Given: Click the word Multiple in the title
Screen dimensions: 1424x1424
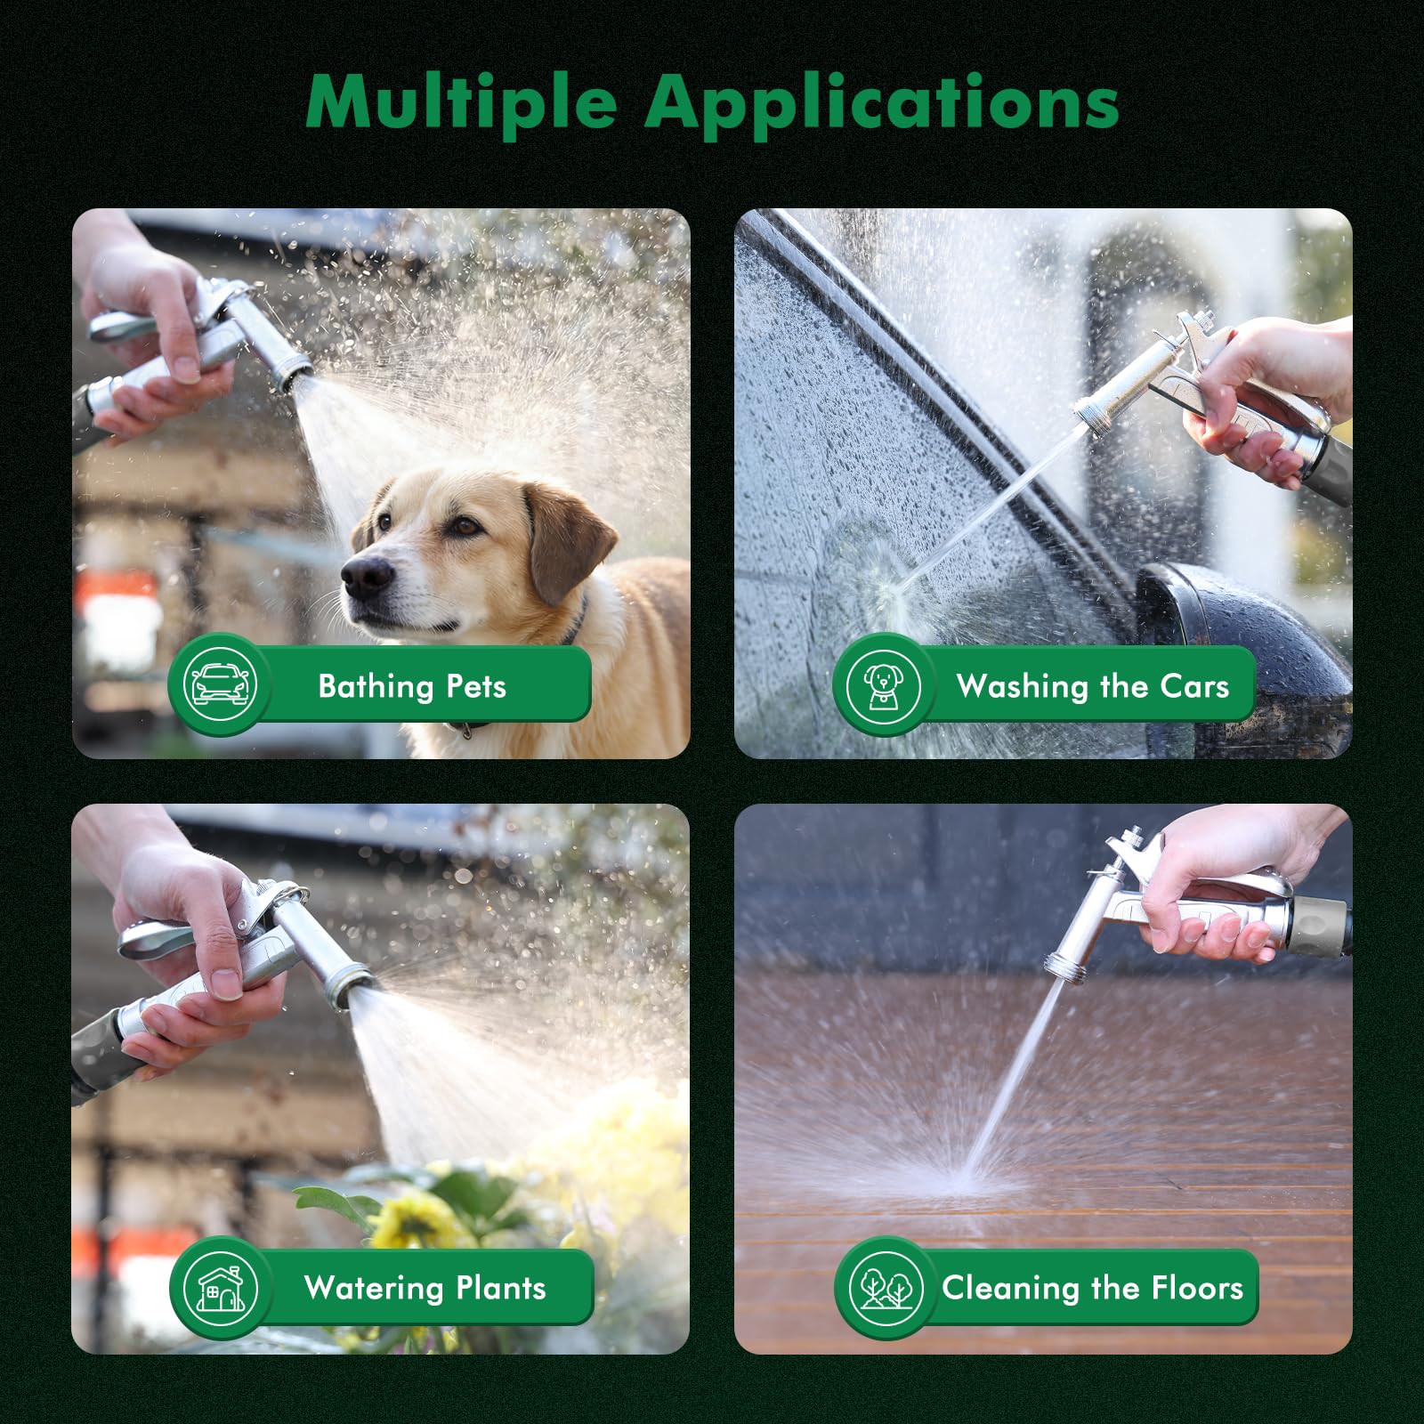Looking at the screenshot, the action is tap(461, 103).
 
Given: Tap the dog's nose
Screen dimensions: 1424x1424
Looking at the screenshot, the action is tap(367, 576).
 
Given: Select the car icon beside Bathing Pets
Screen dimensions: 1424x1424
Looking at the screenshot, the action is tap(219, 684).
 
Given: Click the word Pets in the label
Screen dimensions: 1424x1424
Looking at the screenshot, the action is tap(476, 686).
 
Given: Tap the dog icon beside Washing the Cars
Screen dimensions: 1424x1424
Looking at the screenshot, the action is tap(883, 685).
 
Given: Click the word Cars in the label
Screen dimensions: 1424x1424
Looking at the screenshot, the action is tap(1194, 686).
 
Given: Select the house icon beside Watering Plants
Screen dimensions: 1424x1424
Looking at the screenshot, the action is tap(220, 1288).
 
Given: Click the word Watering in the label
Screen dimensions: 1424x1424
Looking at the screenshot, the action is tap(374, 1288).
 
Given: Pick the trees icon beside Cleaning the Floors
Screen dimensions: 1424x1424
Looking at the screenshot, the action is tap(885, 1288).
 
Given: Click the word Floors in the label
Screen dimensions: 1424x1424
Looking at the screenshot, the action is tap(1197, 1288).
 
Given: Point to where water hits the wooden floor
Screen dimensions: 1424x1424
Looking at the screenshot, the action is tap(961, 1179).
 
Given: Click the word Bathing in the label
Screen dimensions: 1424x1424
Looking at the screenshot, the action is tap(376, 686).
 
